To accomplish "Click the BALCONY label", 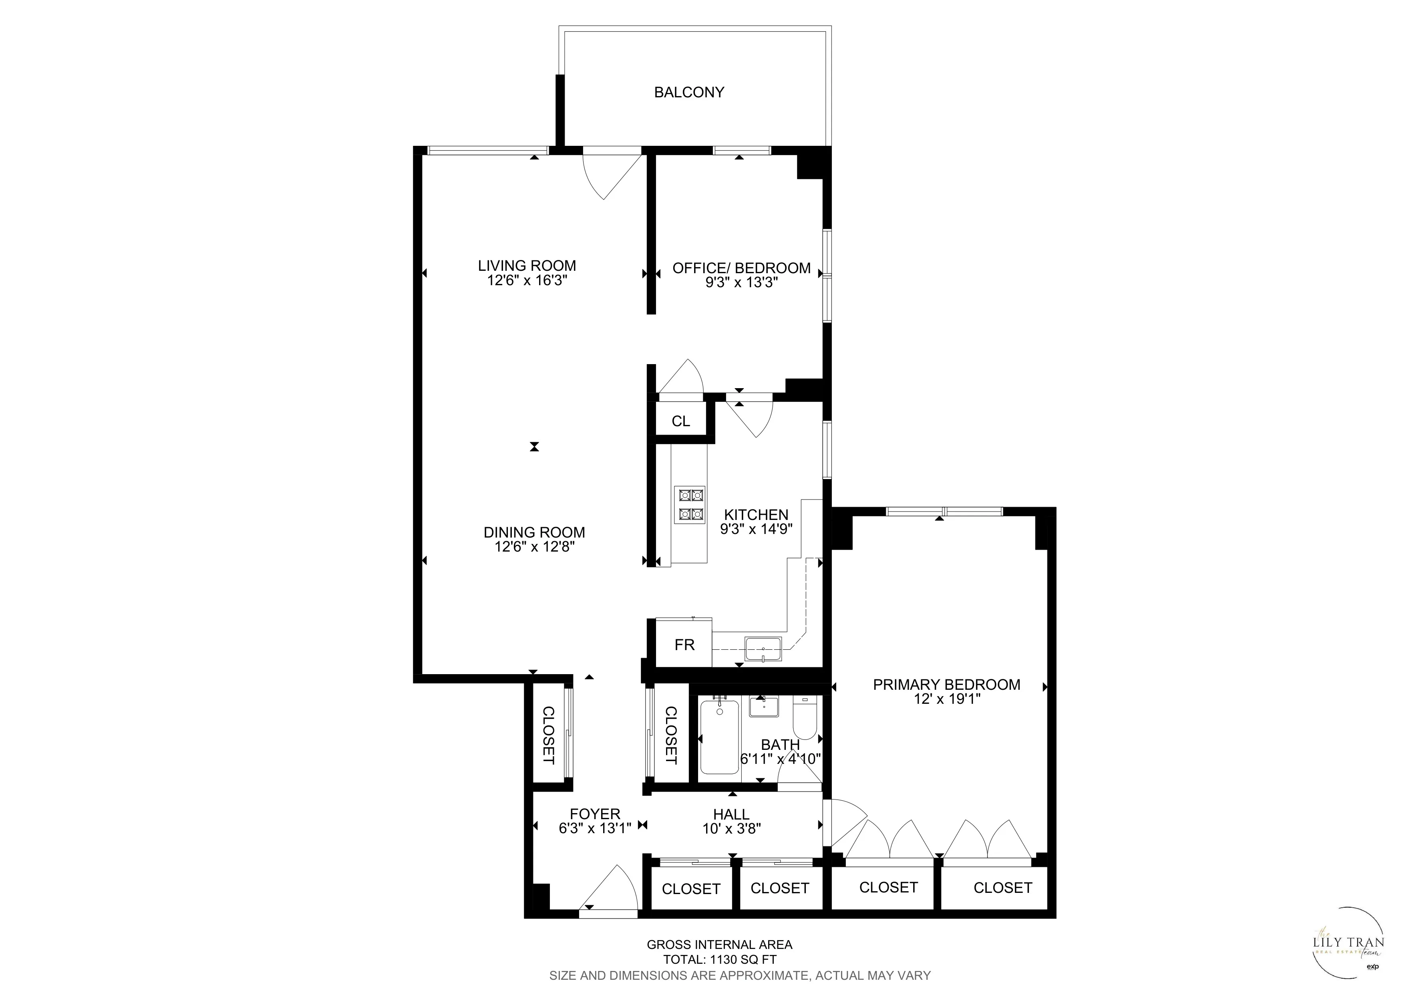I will pyautogui.click(x=689, y=93).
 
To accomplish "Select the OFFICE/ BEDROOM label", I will pyautogui.click(x=741, y=268).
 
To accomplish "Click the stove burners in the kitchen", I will pyautogui.click(x=690, y=505).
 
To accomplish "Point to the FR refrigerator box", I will pyautogui.click(x=684, y=645).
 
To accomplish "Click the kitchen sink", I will pyautogui.click(x=763, y=649).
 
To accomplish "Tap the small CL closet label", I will pyautogui.click(x=680, y=421).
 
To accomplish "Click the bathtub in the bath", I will pyautogui.click(x=719, y=737).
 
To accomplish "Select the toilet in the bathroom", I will pyautogui.click(x=804, y=719).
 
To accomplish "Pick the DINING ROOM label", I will pyautogui.click(x=534, y=532).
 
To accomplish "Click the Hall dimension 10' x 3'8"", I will pyautogui.click(x=731, y=829).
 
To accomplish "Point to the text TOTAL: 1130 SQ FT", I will pyautogui.click(x=720, y=960).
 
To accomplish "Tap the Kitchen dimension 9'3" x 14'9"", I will pyautogui.click(x=756, y=529).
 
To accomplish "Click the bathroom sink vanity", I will pyautogui.click(x=764, y=707).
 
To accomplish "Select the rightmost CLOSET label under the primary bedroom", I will pyautogui.click(x=1002, y=888).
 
